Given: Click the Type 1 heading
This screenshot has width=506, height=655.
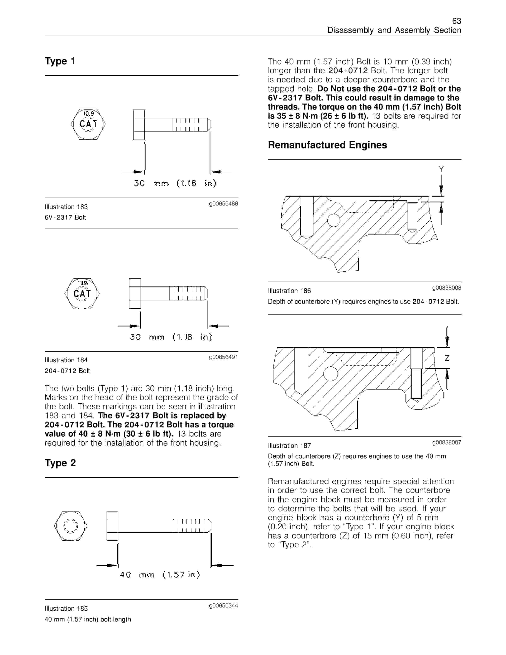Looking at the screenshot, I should [x=60, y=61].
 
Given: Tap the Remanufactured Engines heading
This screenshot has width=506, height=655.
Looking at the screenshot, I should [x=327, y=145].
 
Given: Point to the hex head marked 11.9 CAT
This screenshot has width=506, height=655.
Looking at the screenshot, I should [x=82, y=294].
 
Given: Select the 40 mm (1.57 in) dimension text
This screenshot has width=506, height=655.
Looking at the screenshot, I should [x=160, y=575].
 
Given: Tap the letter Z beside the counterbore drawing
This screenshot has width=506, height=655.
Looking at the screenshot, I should [x=447, y=358].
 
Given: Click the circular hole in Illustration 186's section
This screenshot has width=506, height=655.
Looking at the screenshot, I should [x=334, y=220].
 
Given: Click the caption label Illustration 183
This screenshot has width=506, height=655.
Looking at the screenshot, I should [x=66, y=207].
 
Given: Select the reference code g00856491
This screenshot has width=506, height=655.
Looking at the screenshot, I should [x=223, y=357].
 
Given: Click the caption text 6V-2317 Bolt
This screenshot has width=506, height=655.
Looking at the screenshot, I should [x=65, y=218].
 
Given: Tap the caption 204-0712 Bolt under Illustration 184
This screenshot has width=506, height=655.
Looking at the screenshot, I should [x=67, y=371].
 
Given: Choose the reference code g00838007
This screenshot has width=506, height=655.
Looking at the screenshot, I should [x=446, y=442].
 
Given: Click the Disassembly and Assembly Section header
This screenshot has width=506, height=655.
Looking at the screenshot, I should [x=394, y=30].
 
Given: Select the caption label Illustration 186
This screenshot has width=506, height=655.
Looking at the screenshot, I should [x=289, y=291].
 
